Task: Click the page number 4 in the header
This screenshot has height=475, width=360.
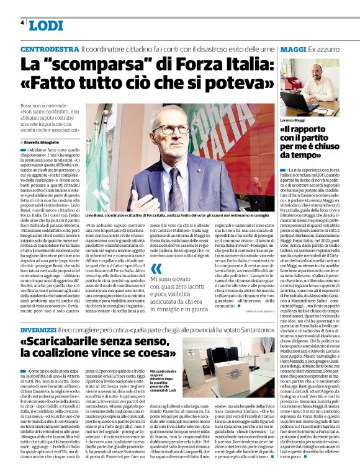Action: pyautogui.click(x=23, y=22)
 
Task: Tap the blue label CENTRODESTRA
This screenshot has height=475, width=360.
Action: pyautogui.click(x=50, y=49)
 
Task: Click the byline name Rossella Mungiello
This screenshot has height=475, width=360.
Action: pyautogui.click(x=44, y=142)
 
